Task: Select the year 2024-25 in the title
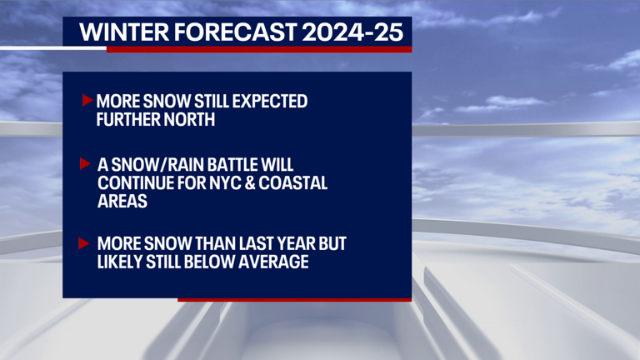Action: click(352, 32)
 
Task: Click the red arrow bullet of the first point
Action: click(87, 101)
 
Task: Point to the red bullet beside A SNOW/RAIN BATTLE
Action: click(85, 163)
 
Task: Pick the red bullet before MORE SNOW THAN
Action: click(85, 243)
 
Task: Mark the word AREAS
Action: click(123, 201)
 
